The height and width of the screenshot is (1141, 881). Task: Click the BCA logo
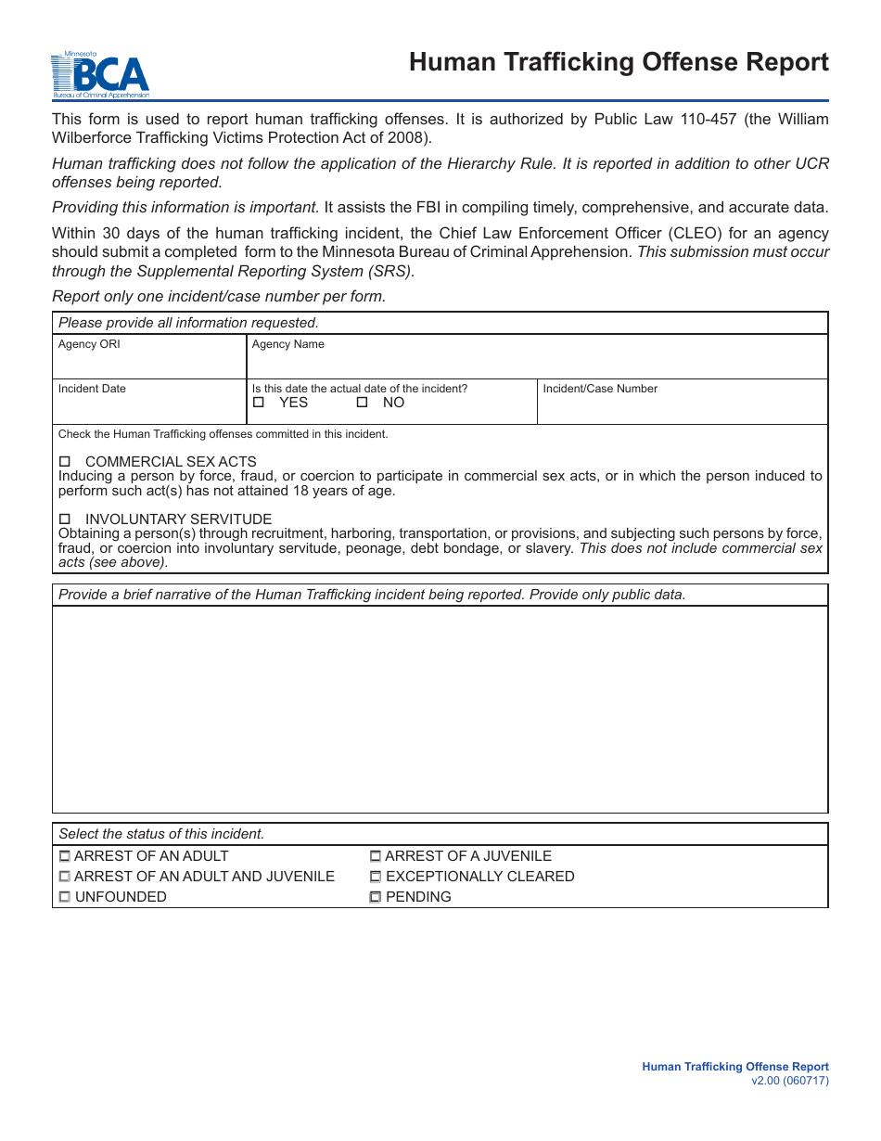click(99, 75)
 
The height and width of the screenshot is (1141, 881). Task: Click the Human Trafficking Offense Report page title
click(619, 62)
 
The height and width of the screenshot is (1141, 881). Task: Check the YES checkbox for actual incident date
click(259, 403)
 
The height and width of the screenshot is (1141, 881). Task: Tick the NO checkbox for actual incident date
click(363, 403)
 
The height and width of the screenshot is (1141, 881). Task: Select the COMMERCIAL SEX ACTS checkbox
click(65, 462)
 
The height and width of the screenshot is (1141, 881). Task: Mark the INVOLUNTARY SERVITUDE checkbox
click(65, 519)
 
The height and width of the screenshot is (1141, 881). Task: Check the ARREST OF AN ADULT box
click(65, 856)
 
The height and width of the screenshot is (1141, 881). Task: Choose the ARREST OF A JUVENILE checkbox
click(376, 856)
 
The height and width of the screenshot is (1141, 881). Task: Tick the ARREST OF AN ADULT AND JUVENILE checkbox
click(65, 877)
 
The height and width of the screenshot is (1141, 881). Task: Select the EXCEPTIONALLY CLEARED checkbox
click(376, 877)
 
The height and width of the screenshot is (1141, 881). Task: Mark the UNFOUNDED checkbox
click(65, 897)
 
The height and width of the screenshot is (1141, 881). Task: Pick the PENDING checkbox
click(376, 897)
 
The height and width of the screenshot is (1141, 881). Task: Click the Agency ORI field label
click(89, 344)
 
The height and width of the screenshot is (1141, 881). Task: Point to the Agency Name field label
click(288, 344)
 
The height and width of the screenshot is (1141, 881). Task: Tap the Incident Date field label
click(92, 389)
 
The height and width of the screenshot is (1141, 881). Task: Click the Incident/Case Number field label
click(600, 389)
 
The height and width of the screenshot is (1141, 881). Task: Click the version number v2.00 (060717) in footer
click(790, 1081)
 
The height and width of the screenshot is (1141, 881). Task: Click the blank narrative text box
click(440, 710)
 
